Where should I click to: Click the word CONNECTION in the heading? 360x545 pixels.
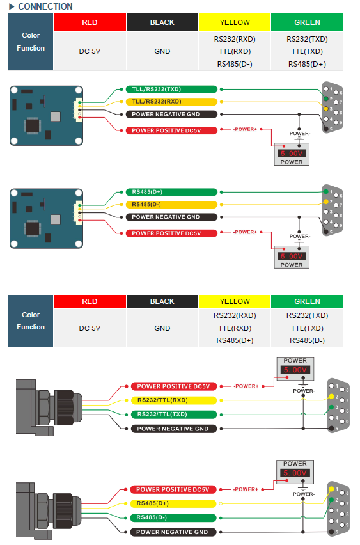tap(45, 6)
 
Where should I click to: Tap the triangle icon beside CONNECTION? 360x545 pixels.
tap(12, 6)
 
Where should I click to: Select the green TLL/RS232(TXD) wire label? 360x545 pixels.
tap(171, 90)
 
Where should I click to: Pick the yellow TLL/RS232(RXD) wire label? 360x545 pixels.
tap(171, 102)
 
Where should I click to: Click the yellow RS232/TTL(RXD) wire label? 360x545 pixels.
tap(174, 400)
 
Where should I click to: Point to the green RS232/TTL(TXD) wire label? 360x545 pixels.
tap(174, 415)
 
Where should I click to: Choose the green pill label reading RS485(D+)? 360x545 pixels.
tap(171, 192)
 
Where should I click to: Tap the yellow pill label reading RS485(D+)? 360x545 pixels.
tap(173, 503)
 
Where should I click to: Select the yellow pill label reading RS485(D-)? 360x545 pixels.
tap(171, 205)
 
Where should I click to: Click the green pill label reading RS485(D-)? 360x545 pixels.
tap(173, 517)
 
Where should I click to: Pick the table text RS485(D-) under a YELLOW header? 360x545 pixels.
tap(235, 64)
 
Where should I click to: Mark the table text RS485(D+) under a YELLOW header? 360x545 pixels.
tap(235, 340)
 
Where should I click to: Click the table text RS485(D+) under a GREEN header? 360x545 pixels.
tap(307, 64)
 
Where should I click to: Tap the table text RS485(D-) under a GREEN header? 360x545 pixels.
tap(307, 340)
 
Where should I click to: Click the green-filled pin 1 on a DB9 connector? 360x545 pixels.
tap(326, 191)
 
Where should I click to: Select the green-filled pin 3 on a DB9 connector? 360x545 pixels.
tap(331, 407)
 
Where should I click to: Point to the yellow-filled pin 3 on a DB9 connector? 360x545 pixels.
tap(326, 109)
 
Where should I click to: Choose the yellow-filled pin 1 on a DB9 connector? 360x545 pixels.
tap(331, 489)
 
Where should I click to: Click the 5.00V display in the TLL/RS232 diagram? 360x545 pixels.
tap(291, 154)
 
